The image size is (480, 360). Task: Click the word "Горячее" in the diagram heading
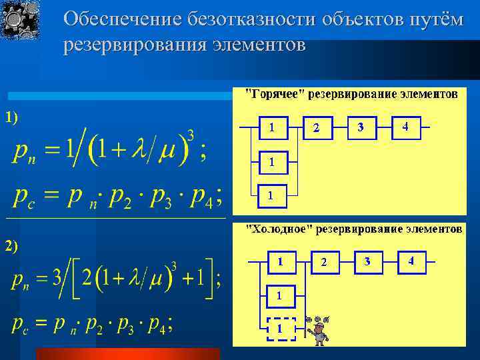click(275, 94)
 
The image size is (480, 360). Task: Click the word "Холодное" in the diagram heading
click(278, 229)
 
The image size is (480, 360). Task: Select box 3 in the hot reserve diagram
click(361, 127)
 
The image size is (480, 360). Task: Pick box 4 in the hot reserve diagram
click(405, 127)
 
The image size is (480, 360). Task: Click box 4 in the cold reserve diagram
click(411, 261)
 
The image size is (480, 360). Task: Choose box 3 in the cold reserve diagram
click(367, 261)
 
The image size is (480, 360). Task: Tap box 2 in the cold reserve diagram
click(324, 263)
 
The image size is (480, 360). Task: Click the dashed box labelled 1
click(280, 329)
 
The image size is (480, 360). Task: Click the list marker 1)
click(12, 117)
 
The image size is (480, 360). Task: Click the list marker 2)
click(12, 245)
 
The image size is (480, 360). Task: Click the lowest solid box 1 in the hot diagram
click(270, 195)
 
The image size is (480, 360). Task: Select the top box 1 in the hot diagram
click(271, 127)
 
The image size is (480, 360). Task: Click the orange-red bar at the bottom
click(127, 353)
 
